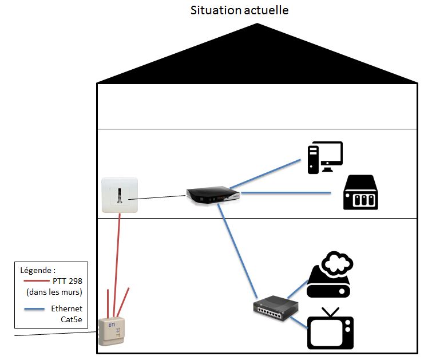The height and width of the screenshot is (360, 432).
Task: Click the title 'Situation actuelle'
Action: [x=239, y=10]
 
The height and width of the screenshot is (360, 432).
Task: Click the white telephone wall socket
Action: [x=120, y=195]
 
